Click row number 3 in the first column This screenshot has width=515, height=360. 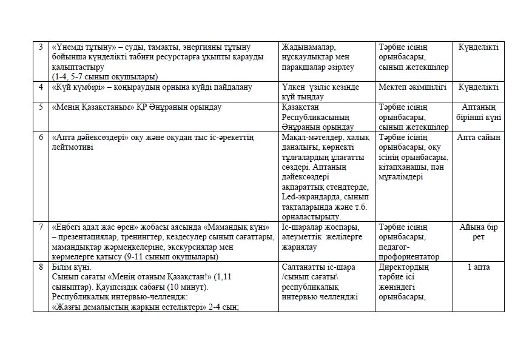pyautogui.click(x=41, y=47)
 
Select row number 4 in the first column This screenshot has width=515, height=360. pyautogui.click(x=41, y=87)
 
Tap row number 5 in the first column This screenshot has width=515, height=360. pyautogui.click(x=41, y=107)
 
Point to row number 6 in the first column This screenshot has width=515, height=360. pyautogui.click(x=41, y=138)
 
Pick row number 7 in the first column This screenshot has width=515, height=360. pyautogui.click(x=41, y=227)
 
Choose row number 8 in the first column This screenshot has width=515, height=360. pyautogui.click(x=41, y=267)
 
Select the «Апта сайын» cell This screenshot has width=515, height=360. pyautogui.click(x=479, y=138)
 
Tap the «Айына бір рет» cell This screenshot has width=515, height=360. pyautogui.click(x=479, y=232)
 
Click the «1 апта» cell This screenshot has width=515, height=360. pyautogui.click(x=479, y=267)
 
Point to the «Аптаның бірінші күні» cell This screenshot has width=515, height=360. pyautogui.click(x=479, y=112)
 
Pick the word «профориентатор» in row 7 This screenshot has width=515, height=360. pyautogui.click(x=408, y=257)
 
